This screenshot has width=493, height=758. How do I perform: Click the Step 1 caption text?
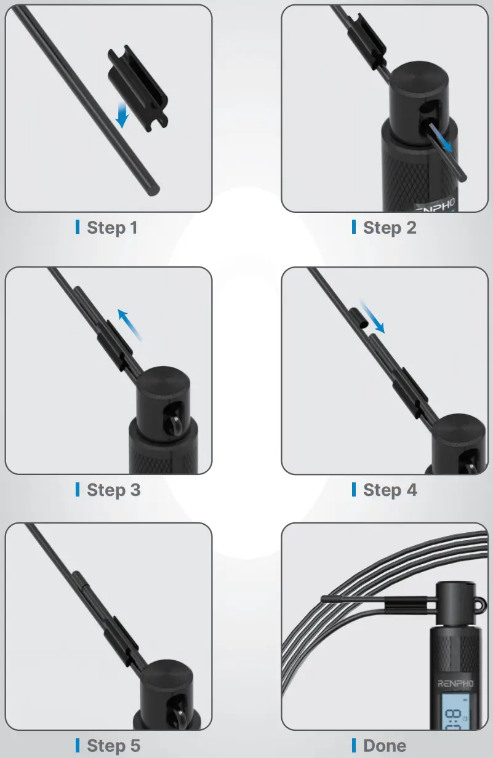(x=112, y=228)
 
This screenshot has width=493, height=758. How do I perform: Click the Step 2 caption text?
(x=390, y=228)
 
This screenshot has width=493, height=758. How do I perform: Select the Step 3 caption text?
(x=113, y=490)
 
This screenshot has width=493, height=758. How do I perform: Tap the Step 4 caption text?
(x=390, y=490)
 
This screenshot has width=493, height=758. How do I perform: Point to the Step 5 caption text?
(x=113, y=746)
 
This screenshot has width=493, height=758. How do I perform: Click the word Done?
(x=385, y=746)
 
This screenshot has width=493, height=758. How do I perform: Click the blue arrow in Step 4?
(x=373, y=317)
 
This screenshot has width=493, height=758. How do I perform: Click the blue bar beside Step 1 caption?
(x=78, y=227)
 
